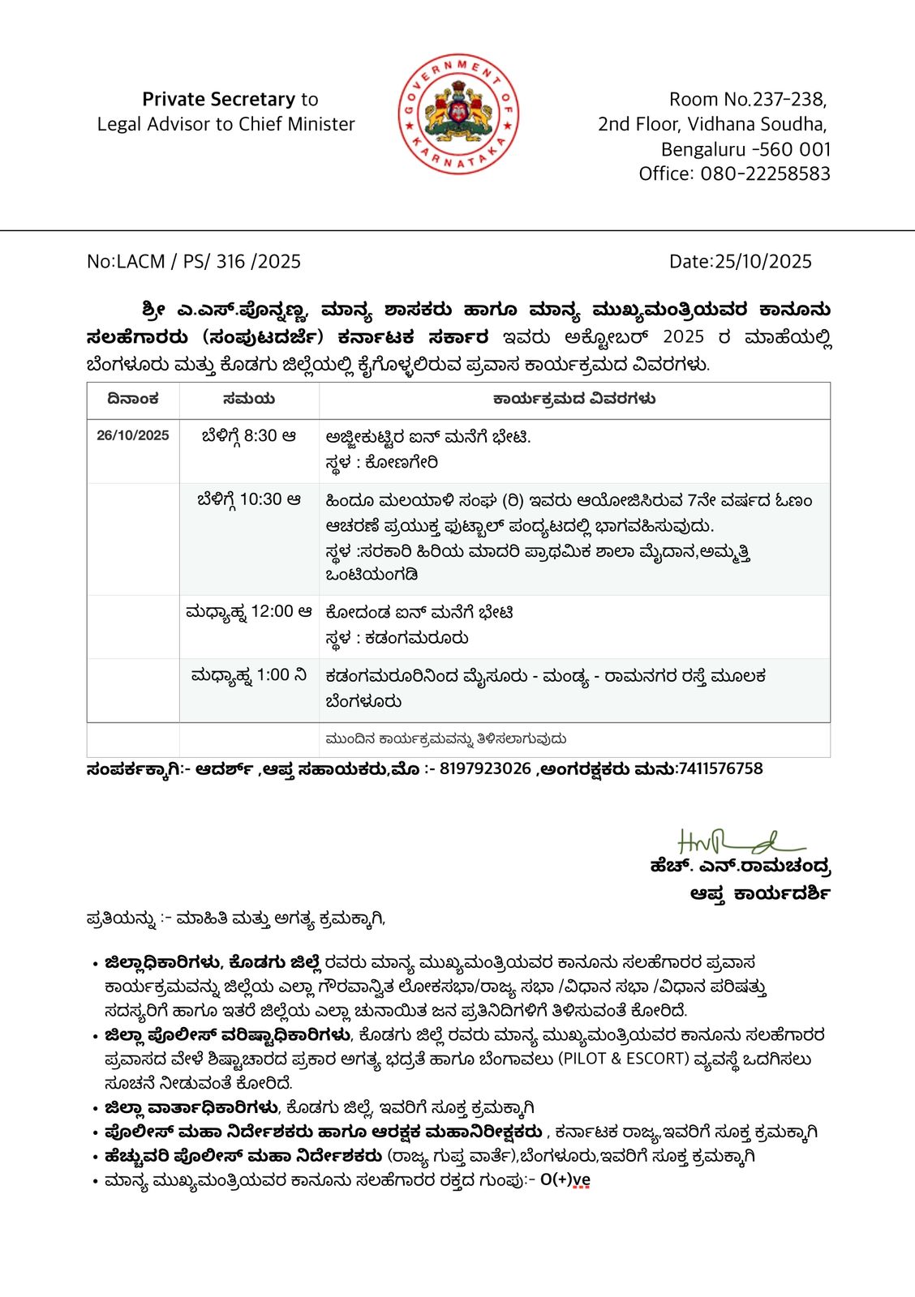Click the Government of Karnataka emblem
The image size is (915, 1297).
pyautogui.click(x=458, y=114)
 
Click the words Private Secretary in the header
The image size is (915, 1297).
pyautogui.click(x=218, y=100)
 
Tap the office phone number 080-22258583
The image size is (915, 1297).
pyautogui.click(x=766, y=173)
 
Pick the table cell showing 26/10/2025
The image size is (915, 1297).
pyautogui.click(x=133, y=435)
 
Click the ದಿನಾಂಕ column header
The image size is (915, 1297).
pyautogui.click(x=133, y=399)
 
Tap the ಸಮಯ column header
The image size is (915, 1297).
pyautogui.click(x=249, y=399)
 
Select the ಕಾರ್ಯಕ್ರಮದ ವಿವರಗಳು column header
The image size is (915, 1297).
pyautogui.click(x=574, y=399)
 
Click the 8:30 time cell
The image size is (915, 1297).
pyautogui.click(x=249, y=436)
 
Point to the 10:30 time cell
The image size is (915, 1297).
pyautogui.click(x=249, y=500)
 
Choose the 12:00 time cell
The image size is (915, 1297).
pyautogui.click(x=249, y=612)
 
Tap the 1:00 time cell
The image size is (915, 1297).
pyautogui.click(x=249, y=675)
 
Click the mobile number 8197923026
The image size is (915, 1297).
pyautogui.click(x=485, y=768)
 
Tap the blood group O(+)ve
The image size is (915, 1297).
pyautogui.click(x=565, y=1180)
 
